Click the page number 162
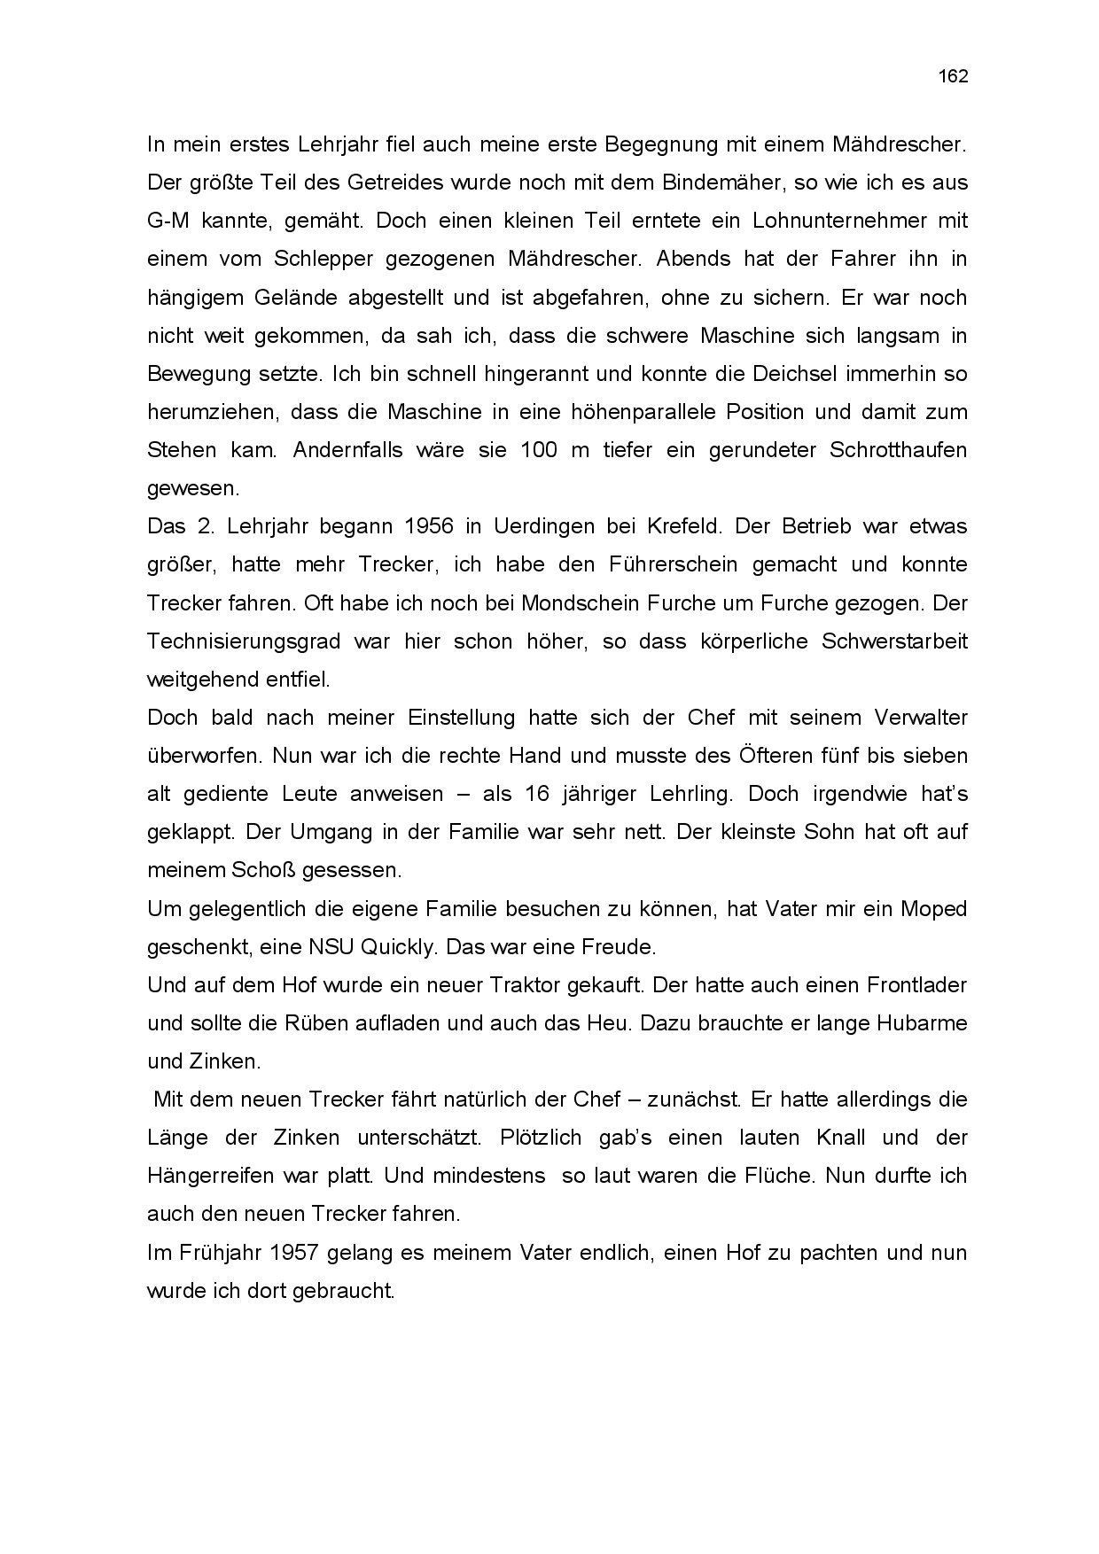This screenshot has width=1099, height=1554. [x=953, y=76]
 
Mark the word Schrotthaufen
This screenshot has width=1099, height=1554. [x=898, y=449]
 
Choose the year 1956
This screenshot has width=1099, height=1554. [x=429, y=526]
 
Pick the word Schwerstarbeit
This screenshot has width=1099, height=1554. [x=894, y=641]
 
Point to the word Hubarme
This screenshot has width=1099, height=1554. [x=921, y=1022]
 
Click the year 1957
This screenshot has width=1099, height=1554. [x=295, y=1253]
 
